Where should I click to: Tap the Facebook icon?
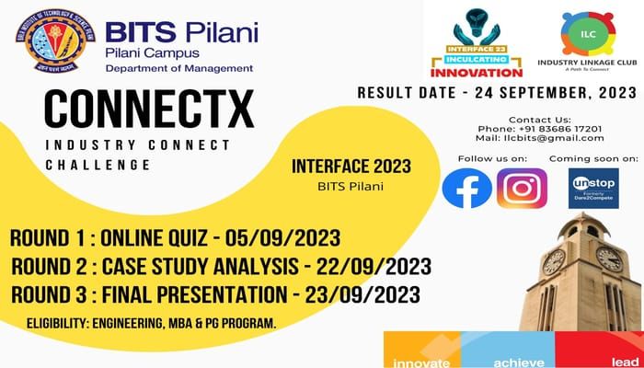coord(466,189)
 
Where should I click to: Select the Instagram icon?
coord(522,189)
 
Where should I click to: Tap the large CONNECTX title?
coord(149,109)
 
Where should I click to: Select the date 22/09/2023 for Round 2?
coord(379,267)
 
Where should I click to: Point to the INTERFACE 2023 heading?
coord(351,167)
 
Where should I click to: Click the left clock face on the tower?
coord(555,261)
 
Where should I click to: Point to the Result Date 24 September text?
coord(496,93)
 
